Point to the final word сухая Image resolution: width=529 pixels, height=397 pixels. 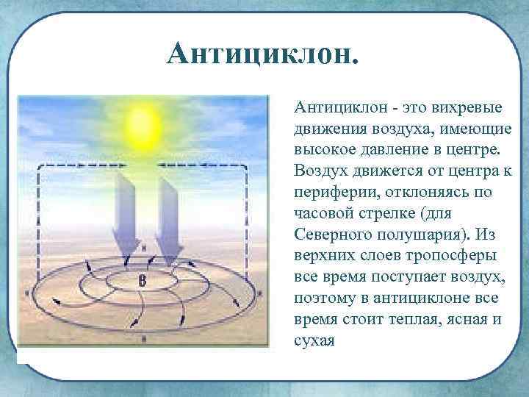[314, 340]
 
